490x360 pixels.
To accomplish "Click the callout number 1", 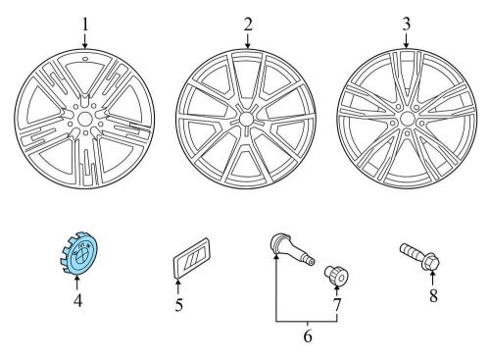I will coord(84,24).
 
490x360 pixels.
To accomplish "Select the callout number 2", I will coord(248,23).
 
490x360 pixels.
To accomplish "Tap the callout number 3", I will coord(406,23).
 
